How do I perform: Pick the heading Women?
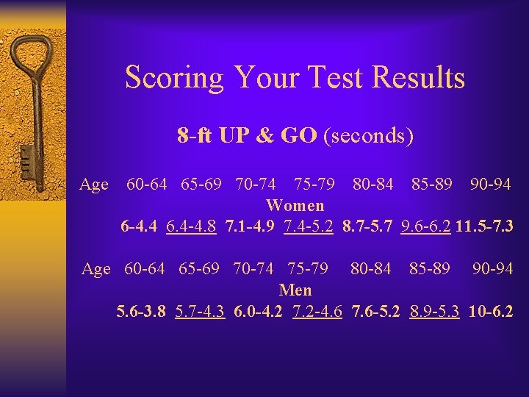coord(295,205)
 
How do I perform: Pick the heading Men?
coord(295,290)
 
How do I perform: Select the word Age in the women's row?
coord(94,185)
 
